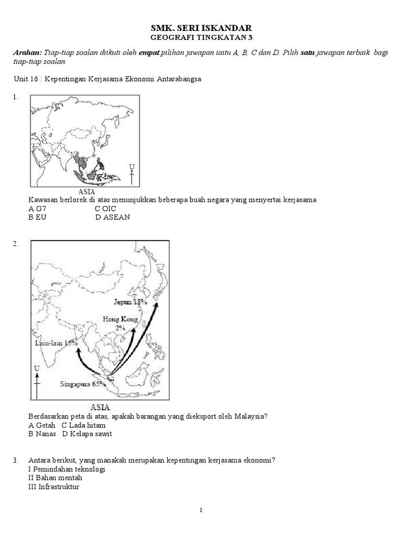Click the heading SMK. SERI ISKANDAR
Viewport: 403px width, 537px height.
click(201, 28)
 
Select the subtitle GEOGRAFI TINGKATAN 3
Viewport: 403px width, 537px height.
click(201, 38)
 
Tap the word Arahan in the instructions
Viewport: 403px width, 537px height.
click(27, 53)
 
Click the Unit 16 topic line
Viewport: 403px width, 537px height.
click(107, 79)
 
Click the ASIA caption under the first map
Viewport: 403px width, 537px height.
click(86, 191)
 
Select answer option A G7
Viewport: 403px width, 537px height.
click(37, 209)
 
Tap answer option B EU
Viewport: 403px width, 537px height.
click(37, 217)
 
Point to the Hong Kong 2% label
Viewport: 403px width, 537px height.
click(120, 323)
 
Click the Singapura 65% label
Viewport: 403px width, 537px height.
click(83, 383)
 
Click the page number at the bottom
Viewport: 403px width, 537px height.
click(201, 509)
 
